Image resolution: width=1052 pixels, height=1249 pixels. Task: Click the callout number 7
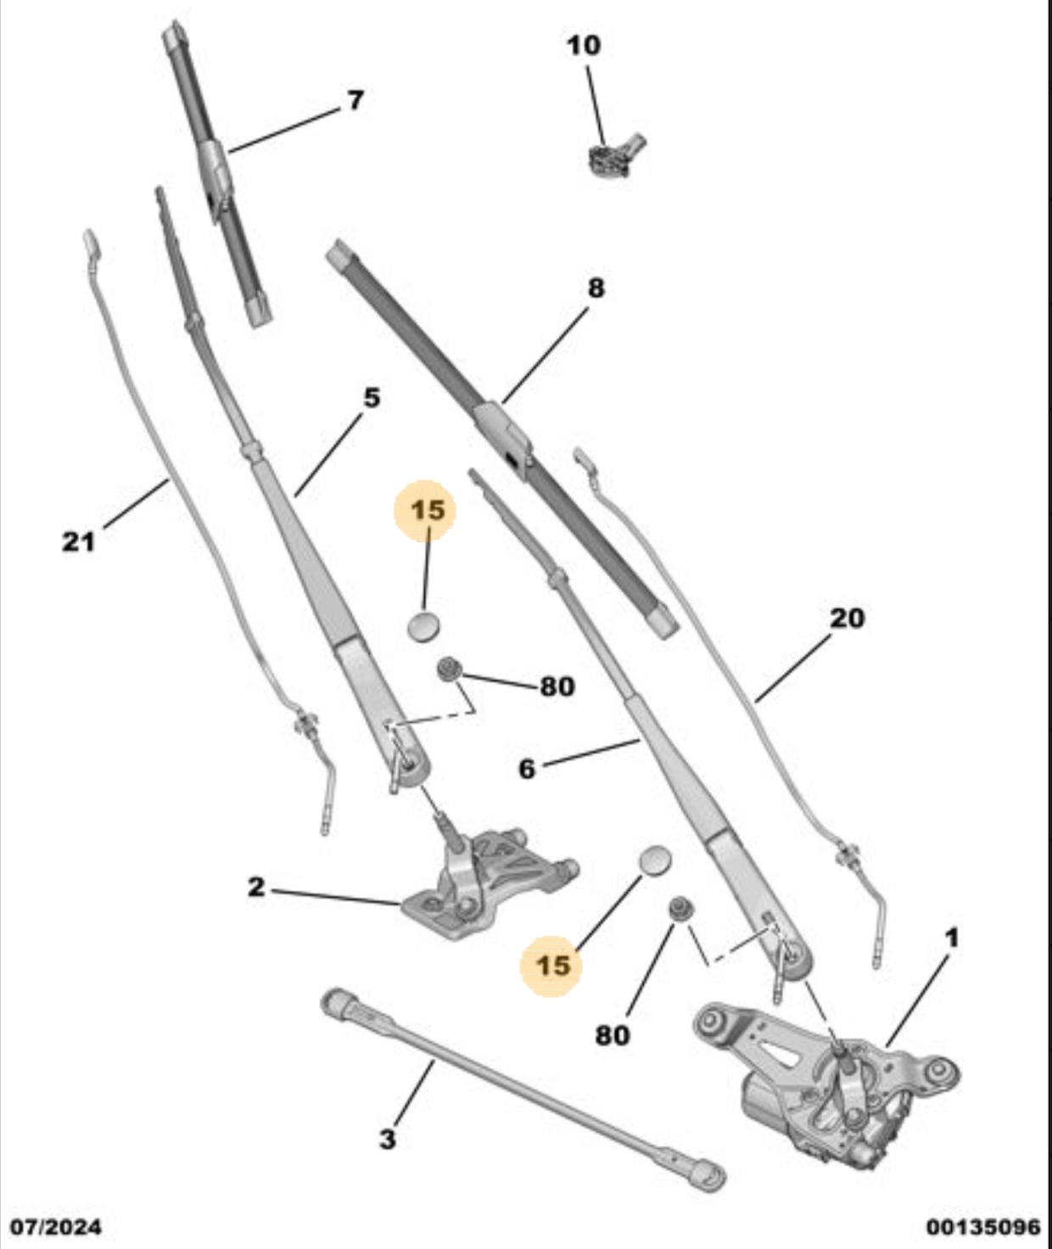[x=355, y=100]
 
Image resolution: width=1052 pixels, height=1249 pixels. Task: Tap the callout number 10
[x=584, y=46]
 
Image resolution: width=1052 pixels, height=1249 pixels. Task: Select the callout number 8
[x=596, y=288]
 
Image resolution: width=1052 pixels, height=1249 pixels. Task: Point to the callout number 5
[x=372, y=398]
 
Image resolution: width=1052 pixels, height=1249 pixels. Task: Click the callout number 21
[x=79, y=542]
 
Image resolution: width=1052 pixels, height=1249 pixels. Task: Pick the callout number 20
[x=848, y=618]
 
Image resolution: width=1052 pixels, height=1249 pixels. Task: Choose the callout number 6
[x=527, y=770]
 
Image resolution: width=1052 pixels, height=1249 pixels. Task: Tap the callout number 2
[x=256, y=887]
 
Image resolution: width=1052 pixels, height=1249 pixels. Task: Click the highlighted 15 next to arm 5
[x=428, y=510]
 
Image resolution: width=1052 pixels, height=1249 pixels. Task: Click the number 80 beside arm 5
[x=557, y=686]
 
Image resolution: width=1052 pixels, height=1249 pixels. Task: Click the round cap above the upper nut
[x=423, y=625]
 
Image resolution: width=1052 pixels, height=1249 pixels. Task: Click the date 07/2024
[x=56, y=1227]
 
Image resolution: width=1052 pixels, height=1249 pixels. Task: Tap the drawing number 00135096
[x=984, y=1227]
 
